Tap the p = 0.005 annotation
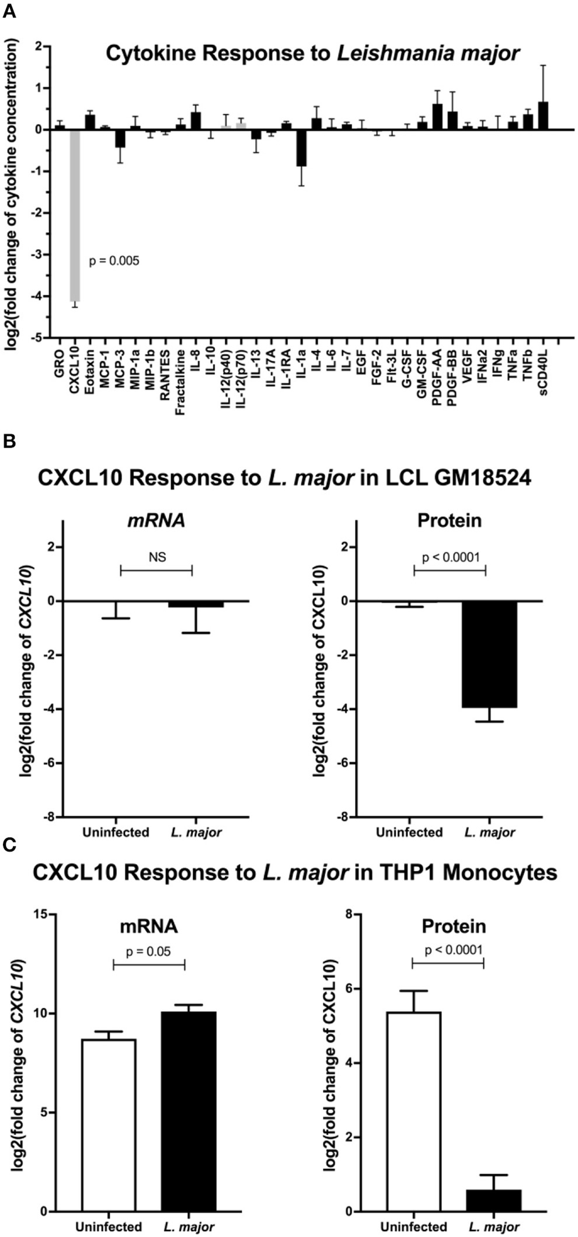114,261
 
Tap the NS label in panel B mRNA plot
157,557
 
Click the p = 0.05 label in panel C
148,952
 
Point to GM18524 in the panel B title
446,478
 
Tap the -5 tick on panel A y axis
40,338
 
